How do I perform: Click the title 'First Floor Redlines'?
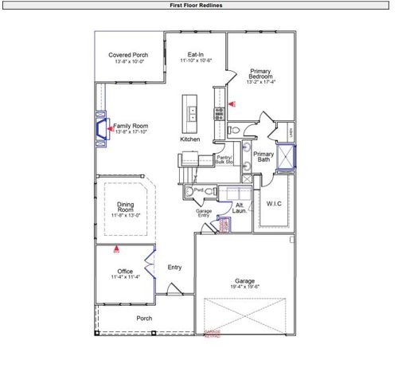pyautogui.click(x=198, y=5)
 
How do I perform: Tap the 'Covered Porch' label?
pyautogui.click(x=129, y=55)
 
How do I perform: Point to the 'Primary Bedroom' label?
pyautogui.click(x=260, y=73)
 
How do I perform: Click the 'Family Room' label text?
pyautogui.click(x=131, y=127)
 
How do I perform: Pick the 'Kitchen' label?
pyautogui.click(x=189, y=139)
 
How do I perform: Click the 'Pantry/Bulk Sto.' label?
pyautogui.click(x=224, y=160)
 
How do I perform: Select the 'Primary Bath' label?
pyautogui.click(x=263, y=157)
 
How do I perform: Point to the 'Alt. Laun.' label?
pyautogui.click(x=240, y=207)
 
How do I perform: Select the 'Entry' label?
pyautogui.click(x=175, y=267)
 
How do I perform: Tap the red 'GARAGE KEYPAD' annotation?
pyautogui.click(x=213, y=334)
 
